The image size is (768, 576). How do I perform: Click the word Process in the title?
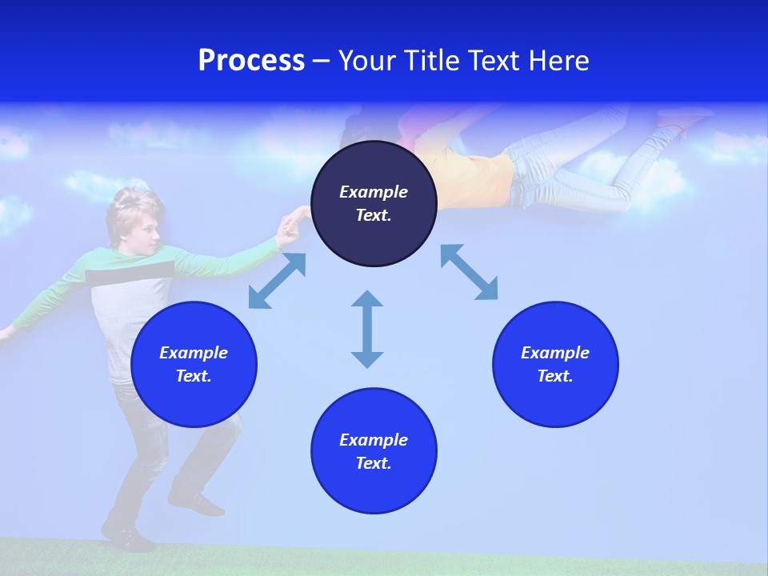coord(251,61)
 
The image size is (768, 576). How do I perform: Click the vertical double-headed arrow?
coord(367,329)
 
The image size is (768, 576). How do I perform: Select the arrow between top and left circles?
coord(277,281)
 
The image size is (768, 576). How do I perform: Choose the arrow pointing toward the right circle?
coord(469,272)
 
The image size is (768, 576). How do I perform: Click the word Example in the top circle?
coord(374,192)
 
